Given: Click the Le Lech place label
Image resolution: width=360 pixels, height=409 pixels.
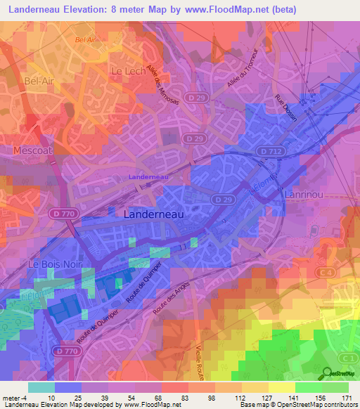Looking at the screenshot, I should (127, 71).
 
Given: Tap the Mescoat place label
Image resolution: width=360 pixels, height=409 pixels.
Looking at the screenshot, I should (33, 150).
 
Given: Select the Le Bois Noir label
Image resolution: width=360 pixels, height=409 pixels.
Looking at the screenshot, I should (51, 264).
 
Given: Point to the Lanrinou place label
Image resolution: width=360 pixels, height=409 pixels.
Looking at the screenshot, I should (303, 193).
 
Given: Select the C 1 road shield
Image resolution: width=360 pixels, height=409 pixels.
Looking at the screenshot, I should (345, 358).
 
